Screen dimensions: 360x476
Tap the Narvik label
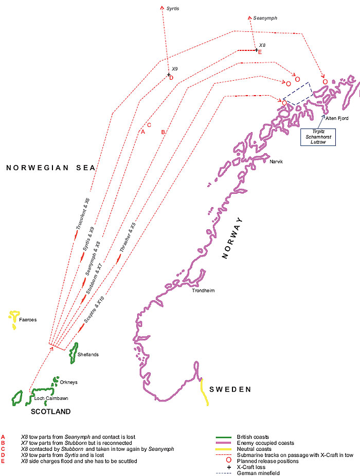[277, 161]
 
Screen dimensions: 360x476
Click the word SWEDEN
[230, 389]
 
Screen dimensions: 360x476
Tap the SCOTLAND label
[50, 412]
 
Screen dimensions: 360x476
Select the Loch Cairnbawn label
[51, 398]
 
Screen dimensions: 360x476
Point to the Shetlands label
[87, 355]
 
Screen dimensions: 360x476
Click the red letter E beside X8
[260, 52]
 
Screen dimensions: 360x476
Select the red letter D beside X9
[171, 78]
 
